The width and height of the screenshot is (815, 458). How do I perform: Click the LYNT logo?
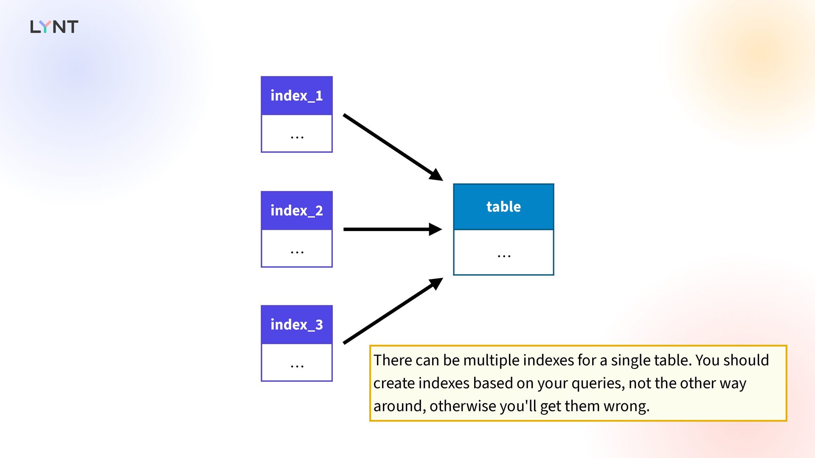click(x=54, y=27)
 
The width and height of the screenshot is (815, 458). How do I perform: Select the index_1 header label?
click(x=297, y=96)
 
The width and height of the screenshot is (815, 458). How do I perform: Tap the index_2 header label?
click(x=297, y=211)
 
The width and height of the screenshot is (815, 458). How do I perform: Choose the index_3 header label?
click(x=297, y=325)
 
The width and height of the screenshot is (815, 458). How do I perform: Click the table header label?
click(x=503, y=207)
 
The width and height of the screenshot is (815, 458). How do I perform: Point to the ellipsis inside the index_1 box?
click(x=297, y=137)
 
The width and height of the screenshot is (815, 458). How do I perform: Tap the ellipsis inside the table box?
click(x=504, y=256)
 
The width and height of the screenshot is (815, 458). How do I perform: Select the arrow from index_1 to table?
click(x=393, y=147)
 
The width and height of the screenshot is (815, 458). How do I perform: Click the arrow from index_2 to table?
click(x=393, y=229)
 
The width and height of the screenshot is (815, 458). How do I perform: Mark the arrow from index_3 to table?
click(x=393, y=311)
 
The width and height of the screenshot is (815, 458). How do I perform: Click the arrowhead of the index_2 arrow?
click(x=436, y=229)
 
